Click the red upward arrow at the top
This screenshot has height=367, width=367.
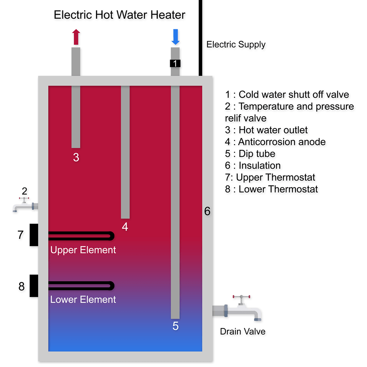tap(76, 37)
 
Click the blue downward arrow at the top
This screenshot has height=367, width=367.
tap(175, 37)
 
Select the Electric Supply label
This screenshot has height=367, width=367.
tap(236, 44)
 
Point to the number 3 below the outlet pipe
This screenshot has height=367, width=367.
tap(76, 157)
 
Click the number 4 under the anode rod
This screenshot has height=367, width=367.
tap(125, 227)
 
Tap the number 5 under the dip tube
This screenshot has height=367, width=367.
tap(175, 326)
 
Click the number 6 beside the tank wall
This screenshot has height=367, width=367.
tap(207, 211)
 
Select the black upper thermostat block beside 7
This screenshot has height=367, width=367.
tap(34, 235)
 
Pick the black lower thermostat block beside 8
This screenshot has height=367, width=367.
tap(34, 286)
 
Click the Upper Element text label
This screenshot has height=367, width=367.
tap(83, 250)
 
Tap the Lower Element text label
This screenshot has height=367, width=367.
tap(83, 299)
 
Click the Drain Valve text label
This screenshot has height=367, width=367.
tap(243, 331)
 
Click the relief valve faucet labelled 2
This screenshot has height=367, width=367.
tap(25, 205)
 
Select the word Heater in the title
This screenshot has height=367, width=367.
tap(168, 15)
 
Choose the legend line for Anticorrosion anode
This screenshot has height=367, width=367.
tap(275, 142)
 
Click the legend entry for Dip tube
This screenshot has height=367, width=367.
tap(250, 154)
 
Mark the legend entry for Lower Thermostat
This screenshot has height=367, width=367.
tap(271, 189)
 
